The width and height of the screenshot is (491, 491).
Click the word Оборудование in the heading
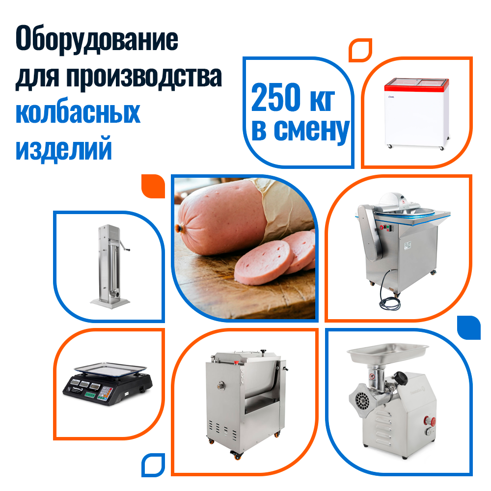pos(97,40)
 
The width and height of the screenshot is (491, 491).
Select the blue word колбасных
pos(78,113)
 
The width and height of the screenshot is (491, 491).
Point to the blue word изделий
pos(63,148)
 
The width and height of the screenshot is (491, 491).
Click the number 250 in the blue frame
pos(276,97)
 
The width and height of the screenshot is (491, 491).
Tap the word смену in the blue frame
pos(312,130)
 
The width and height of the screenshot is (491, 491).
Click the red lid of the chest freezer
pos(417,84)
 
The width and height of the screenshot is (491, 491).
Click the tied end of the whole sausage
pos(179,228)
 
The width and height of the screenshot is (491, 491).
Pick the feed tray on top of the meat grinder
pos(388,352)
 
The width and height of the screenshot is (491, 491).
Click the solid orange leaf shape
pos(153,186)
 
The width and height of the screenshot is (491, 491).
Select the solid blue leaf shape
pos(469,327)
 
